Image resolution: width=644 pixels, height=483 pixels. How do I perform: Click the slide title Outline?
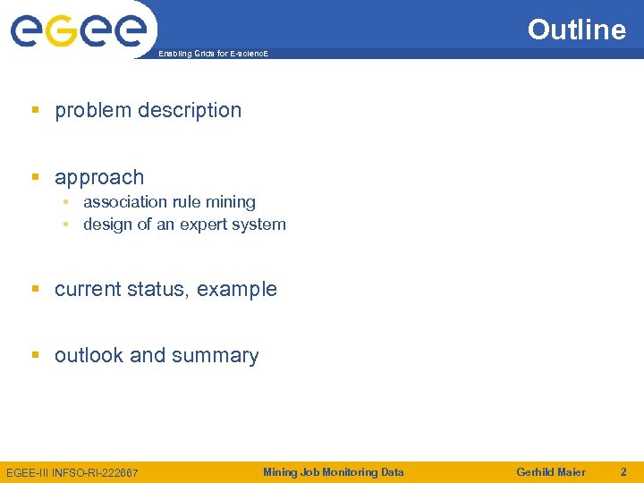576,30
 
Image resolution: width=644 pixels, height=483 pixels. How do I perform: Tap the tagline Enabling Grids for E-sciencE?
213,55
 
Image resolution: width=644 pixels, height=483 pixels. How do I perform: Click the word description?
189,111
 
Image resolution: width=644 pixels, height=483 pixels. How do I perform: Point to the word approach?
99,178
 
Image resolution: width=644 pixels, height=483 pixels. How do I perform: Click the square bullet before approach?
36,177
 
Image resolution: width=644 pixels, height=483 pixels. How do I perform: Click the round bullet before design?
67,225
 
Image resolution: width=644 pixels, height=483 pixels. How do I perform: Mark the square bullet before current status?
36,289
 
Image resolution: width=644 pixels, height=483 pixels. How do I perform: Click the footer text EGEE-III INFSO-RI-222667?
72,472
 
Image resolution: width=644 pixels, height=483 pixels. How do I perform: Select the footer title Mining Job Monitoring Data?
333,472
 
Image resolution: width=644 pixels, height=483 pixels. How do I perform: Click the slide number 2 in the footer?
623,472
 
